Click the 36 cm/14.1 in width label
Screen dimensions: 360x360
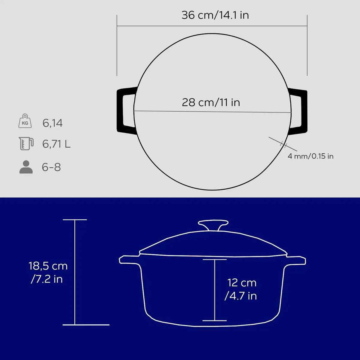tap(215, 15)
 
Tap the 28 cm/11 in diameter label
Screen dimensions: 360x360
tap(211, 102)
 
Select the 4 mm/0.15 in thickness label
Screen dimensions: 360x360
tap(310, 156)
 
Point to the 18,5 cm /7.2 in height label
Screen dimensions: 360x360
tap(48, 272)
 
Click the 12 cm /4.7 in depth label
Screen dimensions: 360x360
tap(241, 289)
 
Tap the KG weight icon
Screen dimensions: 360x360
tap(25, 121)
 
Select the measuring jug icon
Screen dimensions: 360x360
tap(26, 143)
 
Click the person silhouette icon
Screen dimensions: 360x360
tap(26, 167)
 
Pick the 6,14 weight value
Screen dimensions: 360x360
tap(52, 123)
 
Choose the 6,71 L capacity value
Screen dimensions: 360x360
tap(56, 144)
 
